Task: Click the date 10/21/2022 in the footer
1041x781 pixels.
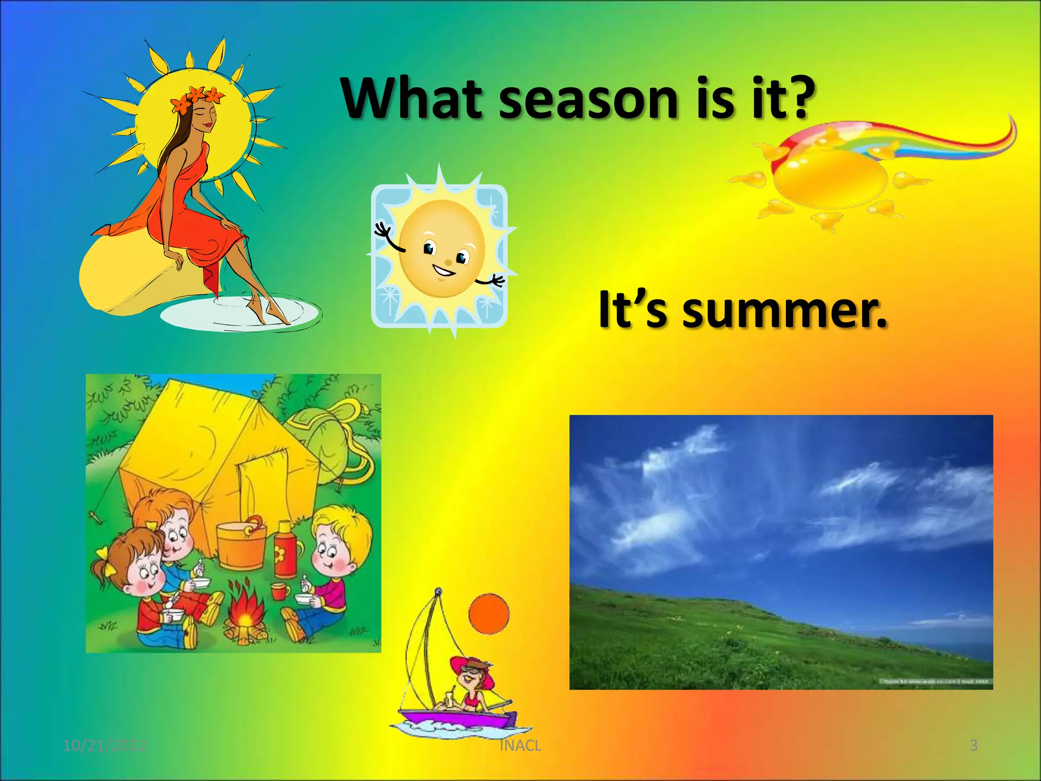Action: coord(104,745)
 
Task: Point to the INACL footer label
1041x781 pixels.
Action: coord(520,745)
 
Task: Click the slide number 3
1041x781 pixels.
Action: coord(973,745)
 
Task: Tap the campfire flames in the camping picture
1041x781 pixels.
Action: coord(245,608)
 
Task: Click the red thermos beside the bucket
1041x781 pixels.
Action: coord(286,551)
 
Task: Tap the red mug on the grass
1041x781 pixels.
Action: coord(279,591)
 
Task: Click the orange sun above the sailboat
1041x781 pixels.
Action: coord(488,614)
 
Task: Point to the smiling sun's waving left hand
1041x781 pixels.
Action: coord(384,232)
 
